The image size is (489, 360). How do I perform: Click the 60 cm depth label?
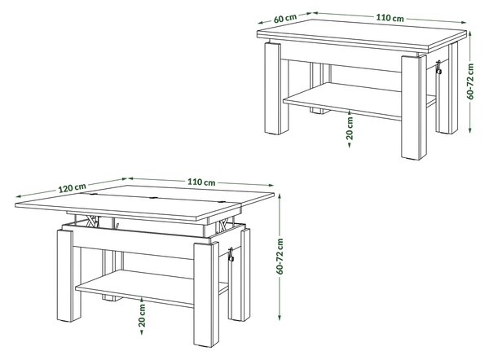click(x=285, y=18)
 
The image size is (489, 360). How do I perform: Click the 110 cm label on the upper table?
click(x=390, y=18)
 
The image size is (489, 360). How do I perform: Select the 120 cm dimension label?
click(x=72, y=188)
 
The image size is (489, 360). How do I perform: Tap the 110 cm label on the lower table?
click(x=201, y=182)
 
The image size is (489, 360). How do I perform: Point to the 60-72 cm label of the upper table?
click(x=470, y=81)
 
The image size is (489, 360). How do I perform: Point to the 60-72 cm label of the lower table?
click(x=280, y=257)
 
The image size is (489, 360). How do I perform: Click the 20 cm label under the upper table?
click(x=350, y=128)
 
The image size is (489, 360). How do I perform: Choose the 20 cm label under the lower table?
click(x=142, y=315)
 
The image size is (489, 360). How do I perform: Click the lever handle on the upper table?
click(x=438, y=68)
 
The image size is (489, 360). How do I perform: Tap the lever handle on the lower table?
click(x=231, y=255)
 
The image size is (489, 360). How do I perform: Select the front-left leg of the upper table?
click(x=276, y=88)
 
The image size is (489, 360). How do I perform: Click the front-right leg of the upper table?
click(x=414, y=108)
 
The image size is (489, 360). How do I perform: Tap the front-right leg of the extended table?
click(x=206, y=295)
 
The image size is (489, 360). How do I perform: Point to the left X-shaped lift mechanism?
click(x=92, y=221)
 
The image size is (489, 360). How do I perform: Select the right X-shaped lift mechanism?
click(x=224, y=224)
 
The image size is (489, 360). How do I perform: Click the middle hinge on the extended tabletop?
click(x=153, y=198)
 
